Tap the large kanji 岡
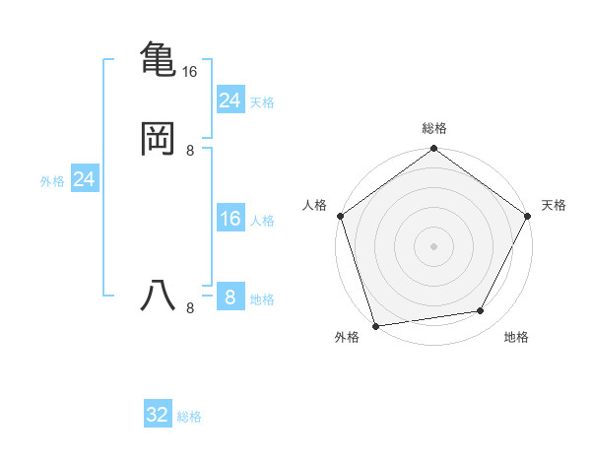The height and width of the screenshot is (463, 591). [x=158, y=138]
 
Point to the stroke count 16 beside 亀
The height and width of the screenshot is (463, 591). [x=190, y=72]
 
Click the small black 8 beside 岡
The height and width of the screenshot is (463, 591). [x=190, y=151]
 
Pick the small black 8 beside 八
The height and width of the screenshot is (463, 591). [x=190, y=308]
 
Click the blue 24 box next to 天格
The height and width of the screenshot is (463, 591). [x=230, y=100]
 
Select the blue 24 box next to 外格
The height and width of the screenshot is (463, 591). [x=85, y=179]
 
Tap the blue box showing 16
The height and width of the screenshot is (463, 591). [x=230, y=219]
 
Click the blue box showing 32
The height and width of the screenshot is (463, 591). [x=158, y=415]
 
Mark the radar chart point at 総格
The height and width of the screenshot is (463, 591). [x=433, y=150]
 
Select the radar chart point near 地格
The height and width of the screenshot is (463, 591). [x=481, y=311]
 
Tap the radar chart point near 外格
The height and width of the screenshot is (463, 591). [x=375, y=325]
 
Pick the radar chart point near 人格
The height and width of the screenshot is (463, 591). [x=340, y=216]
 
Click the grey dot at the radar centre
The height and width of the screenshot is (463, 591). [x=433, y=245]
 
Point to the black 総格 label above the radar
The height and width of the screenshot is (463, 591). [x=433, y=128]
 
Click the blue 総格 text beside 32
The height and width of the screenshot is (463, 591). [x=189, y=417]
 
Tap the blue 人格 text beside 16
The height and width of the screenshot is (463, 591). [x=262, y=221]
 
